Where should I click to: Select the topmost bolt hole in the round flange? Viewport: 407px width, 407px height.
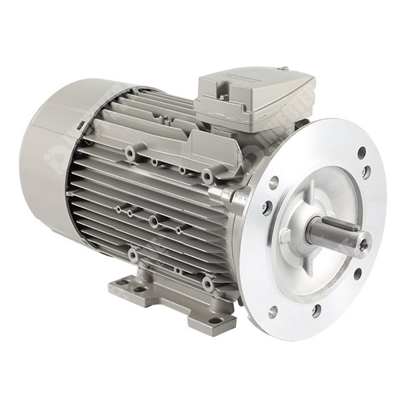click(362, 153)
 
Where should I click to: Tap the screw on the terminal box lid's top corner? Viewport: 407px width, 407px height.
click(284, 69)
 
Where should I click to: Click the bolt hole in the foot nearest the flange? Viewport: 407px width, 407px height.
click(215, 320)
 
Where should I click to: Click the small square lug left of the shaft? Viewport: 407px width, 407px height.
click(286, 235)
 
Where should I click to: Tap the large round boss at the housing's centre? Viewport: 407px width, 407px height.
click(155, 221)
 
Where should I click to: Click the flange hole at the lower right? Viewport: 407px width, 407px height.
click(357, 274)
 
